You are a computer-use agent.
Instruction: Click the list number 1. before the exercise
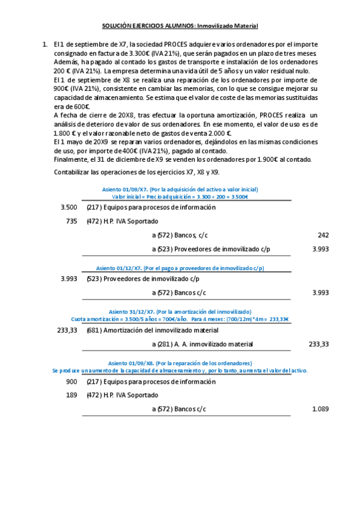pos(45,45)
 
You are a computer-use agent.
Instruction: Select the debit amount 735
pos(72,221)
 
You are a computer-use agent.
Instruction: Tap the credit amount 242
pos(323,235)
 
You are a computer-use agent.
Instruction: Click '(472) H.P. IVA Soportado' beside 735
pos(123,221)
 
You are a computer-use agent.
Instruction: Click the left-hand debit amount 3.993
pos(70,279)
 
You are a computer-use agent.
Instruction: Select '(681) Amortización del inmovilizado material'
pos(152,330)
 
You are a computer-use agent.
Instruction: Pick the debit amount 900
pos(72,382)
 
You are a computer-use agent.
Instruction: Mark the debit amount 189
pos(72,395)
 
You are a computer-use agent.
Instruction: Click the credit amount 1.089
pos(320,409)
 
